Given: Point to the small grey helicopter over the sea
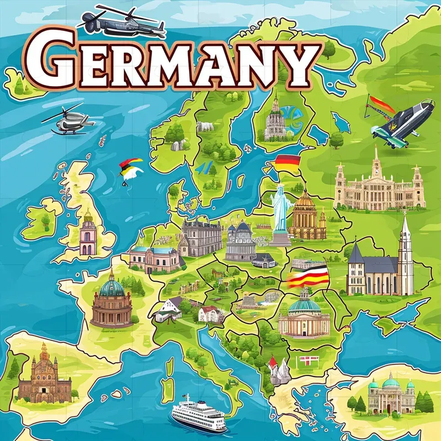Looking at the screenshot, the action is point(68,121).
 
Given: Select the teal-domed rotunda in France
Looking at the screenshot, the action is point(111,302).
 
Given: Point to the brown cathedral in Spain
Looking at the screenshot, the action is point(44,375).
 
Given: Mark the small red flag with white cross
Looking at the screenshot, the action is point(304,361).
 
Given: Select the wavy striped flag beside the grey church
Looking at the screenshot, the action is point(309,277).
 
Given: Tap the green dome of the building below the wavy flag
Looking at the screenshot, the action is point(304,304).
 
